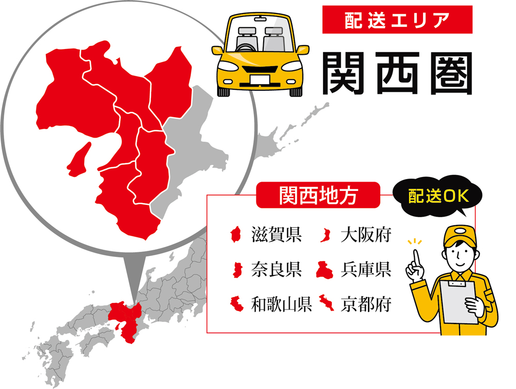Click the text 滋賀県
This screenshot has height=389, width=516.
coord(276,236)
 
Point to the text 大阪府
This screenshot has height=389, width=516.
coord(366,236)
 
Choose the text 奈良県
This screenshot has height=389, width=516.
coord(276,270)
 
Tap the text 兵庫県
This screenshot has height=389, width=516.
coord(366,270)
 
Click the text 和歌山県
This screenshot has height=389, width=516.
coord(281,304)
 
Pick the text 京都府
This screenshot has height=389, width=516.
coord(366,304)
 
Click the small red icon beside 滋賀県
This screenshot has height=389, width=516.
coord(236,236)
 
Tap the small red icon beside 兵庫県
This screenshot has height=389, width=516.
coord(325,270)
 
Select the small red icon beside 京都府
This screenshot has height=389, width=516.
coord(325,304)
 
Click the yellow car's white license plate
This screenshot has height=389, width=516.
coord(260,79)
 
